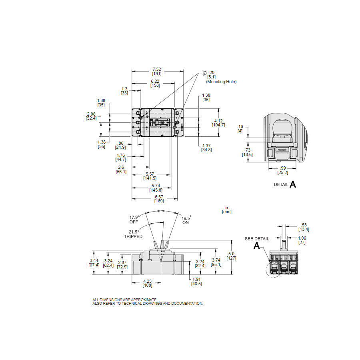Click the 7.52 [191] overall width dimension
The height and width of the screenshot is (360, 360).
157,71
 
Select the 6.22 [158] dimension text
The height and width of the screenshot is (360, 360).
155,83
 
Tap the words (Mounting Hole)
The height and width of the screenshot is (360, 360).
221,82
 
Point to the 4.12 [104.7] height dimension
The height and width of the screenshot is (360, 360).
219,123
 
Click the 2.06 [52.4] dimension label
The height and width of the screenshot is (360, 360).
91,116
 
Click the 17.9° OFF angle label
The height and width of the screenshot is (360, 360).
134,220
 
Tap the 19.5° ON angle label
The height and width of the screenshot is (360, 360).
186,220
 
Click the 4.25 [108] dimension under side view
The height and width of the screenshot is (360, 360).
147,283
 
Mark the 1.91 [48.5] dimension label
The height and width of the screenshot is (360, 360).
196,282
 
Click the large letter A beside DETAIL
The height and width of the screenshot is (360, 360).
293,184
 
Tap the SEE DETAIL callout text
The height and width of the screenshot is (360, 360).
257,239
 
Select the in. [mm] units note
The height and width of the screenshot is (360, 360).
227,210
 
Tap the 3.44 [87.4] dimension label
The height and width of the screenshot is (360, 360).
94,262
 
